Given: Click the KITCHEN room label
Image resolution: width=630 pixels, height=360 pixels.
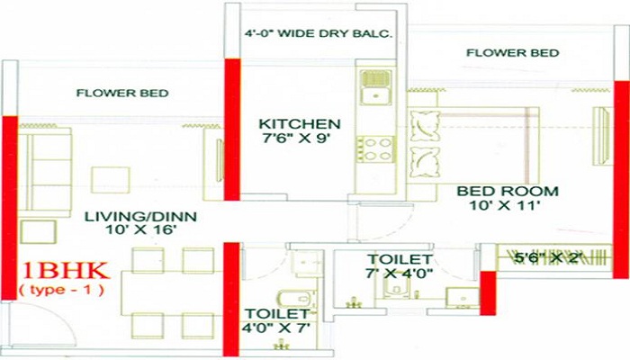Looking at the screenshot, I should (x=300, y=123).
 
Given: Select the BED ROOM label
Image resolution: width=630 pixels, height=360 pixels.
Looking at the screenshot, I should (x=508, y=192).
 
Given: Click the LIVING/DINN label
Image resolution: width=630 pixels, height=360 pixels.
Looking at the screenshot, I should (x=141, y=217).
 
